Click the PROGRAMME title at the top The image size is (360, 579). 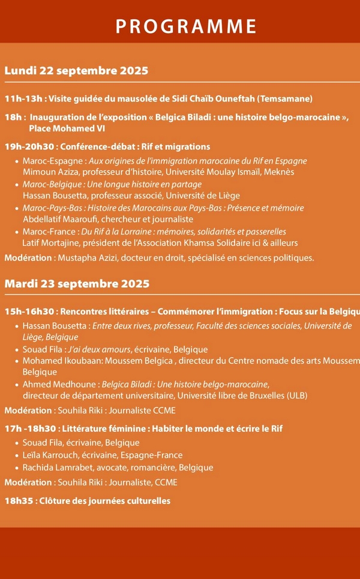[x=186, y=26]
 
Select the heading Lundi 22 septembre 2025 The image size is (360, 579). [x=76, y=71]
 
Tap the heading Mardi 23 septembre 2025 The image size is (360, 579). [x=77, y=283]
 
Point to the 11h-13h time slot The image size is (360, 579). [x=23, y=99]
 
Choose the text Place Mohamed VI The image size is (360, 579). [x=62, y=128]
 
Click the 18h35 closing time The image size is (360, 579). [x=18, y=500]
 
